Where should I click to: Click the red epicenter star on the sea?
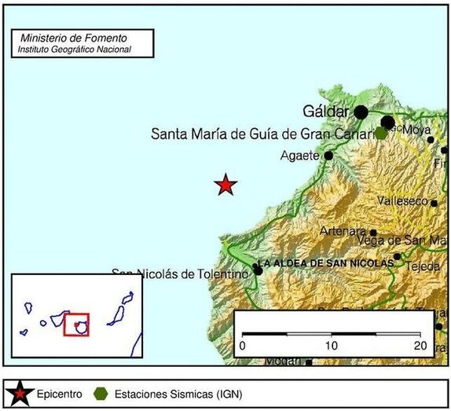pyautogui.click(x=226, y=185)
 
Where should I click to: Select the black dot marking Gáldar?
pyautogui.click(x=361, y=112)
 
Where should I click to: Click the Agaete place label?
pyautogui.click(x=299, y=156)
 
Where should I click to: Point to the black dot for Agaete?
pyautogui.click(x=328, y=156)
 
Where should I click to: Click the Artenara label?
pyautogui.click(x=343, y=231)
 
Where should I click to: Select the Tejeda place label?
pyautogui.click(x=423, y=266)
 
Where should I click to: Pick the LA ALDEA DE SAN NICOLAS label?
pyautogui.click(x=324, y=263)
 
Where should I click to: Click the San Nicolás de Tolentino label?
pyautogui.click(x=181, y=273)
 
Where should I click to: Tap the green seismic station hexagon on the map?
pyautogui.click(x=381, y=133)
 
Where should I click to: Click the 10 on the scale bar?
pyautogui.click(x=332, y=346)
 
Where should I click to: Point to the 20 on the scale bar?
pyautogui.click(x=420, y=346)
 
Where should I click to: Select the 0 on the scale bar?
pyautogui.click(x=243, y=346)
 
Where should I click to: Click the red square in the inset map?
pyautogui.click(x=76, y=325)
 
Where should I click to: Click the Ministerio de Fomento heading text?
pyautogui.click(x=74, y=38)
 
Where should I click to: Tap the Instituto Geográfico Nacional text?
pyautogui.click(x=74, y=50)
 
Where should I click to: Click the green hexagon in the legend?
pyautogui.click(x=100, y=392)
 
